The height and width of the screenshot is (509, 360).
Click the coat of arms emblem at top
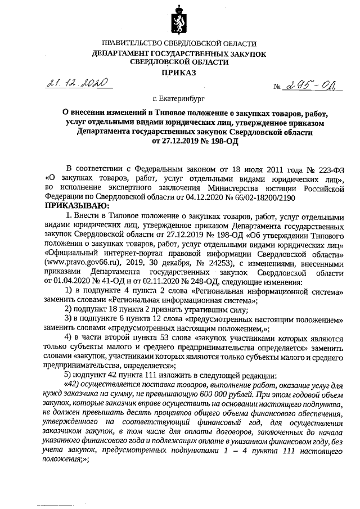[178, 20]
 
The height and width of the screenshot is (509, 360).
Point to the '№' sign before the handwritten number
[276, 87]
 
